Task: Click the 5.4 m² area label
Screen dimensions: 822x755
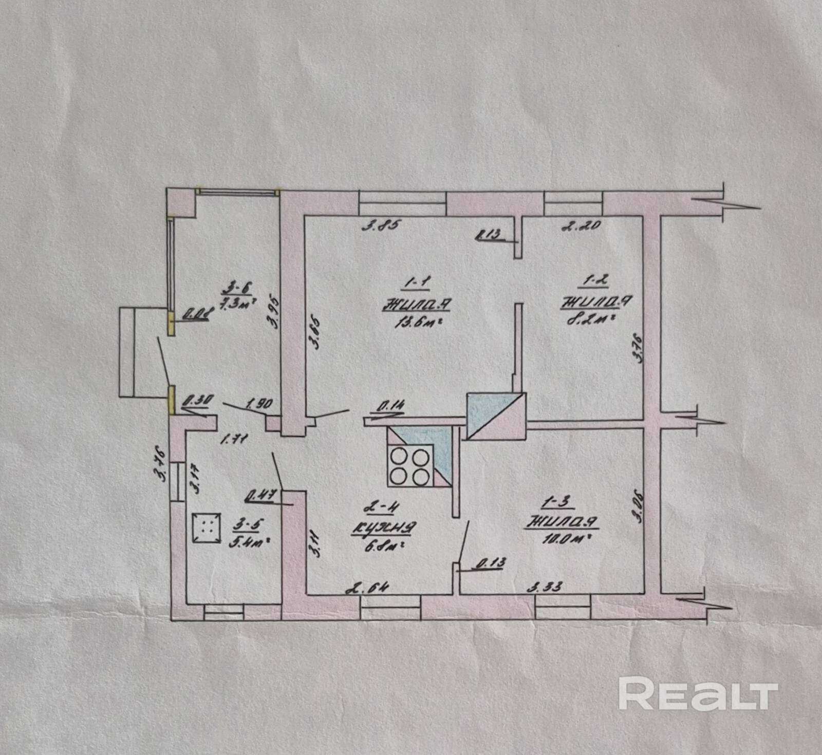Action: tap(250, 541)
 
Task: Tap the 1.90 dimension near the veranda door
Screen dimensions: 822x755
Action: tap(259, 404)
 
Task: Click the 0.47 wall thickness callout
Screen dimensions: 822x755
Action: tap(262, 496)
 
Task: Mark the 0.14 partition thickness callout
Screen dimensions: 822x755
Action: tap(390, 407)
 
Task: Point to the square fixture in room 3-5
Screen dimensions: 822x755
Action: tap(206, 527)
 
